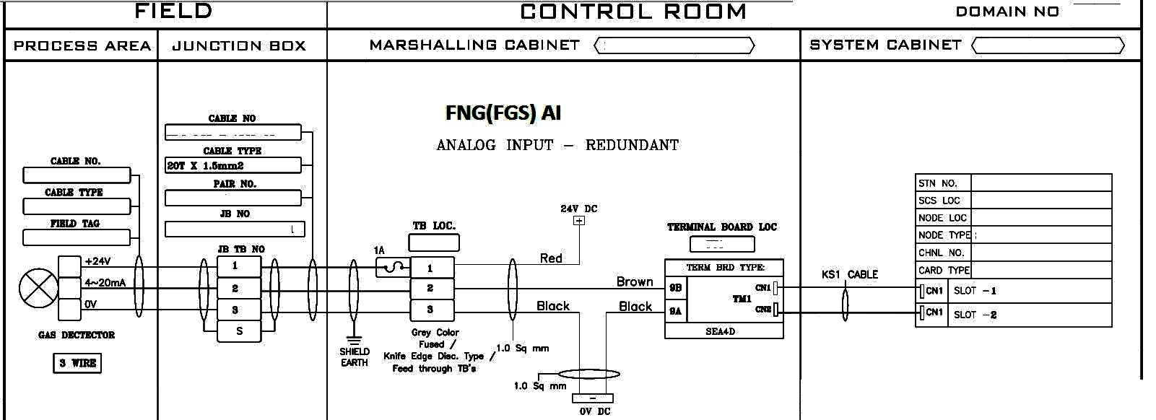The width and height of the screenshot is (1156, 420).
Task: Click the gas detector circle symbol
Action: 39,288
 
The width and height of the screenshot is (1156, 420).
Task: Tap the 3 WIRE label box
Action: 77,363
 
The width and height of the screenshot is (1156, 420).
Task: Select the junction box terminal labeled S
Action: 239,331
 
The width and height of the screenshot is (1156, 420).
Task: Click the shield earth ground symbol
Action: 354,340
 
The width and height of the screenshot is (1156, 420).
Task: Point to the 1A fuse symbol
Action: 393,267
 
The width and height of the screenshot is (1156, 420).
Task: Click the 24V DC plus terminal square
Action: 579,221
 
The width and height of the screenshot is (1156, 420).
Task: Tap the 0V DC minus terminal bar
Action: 593,398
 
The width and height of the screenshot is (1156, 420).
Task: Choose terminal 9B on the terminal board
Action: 676,288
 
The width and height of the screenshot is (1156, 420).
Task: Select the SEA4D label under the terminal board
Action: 721,331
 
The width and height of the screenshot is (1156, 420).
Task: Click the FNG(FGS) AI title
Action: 503,113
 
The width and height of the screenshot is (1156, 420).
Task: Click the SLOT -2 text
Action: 975,315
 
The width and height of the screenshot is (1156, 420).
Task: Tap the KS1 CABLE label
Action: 849,274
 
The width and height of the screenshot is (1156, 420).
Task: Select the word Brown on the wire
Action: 635,281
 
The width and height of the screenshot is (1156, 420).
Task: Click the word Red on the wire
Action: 551,258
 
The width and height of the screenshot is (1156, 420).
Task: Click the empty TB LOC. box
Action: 433,242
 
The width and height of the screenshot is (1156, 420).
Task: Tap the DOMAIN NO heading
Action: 1007,12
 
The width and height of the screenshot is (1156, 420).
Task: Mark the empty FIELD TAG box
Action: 77,237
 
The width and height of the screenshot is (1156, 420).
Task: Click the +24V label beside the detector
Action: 97,261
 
